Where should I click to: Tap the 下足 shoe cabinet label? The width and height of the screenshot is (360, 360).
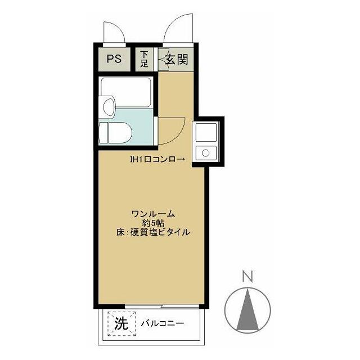pyautogui.click(x=145, y=59)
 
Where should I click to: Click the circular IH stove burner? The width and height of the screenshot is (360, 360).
pyautogui.click(x=206, y=152)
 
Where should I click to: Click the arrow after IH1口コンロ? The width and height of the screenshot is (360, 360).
pyautogui.click(x=181, y=160)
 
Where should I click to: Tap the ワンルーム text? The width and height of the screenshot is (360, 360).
pyautogui.click(x=153, y=213)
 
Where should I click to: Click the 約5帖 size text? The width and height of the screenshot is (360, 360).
pyautogui.click(x=153, y=222)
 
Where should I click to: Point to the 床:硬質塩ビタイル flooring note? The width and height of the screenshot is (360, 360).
pyautogui.click(x=153, y=231)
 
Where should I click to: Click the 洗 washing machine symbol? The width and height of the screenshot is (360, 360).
pyautogui.click(x=121, y=324)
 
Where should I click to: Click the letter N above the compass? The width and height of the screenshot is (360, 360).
pyautogui.click(x=246, y=276)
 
